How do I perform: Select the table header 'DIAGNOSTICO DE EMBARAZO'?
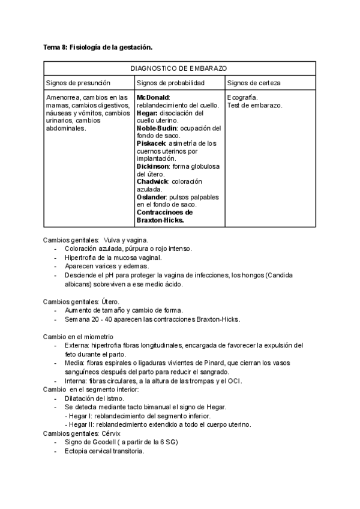click(178, 69)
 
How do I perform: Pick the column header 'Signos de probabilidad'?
click(170, 83)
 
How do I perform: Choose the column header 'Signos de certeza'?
click(254, 83)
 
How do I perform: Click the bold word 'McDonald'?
click(153, 97)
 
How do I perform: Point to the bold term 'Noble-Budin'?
click(155, 128)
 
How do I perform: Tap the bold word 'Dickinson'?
click(153, 166)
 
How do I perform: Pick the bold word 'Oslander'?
click(152, 197)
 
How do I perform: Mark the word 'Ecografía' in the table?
click(243, 97)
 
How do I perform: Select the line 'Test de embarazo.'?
click(255, 105)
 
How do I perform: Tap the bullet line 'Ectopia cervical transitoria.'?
click(104, 451)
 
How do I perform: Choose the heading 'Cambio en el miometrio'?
click(78, 336)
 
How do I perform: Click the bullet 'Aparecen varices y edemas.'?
click(107, 266)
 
